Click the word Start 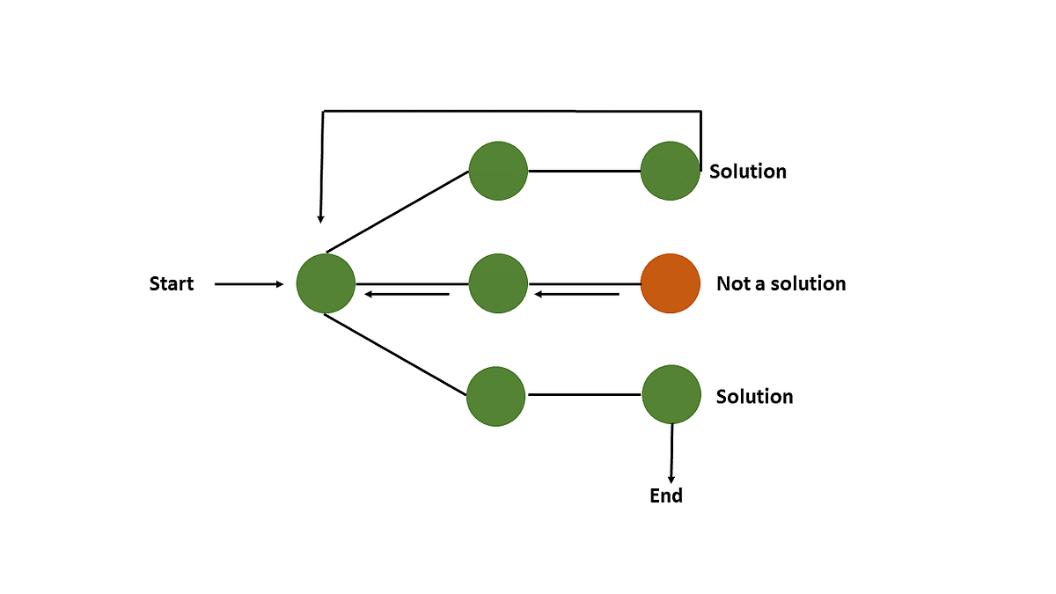click(172, 284)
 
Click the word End click(666, 496)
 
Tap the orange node click(671, 284)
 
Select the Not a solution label click(781, 284)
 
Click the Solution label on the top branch click(748, 172)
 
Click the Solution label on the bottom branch click(754, 397)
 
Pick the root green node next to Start click(326, 284)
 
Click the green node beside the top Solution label click(671, 171)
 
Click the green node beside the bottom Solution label click(671, 395)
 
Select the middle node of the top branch click(498, 170)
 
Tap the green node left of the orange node click(498, 284)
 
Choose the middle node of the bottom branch click(496, 397)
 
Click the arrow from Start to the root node click(249, 284)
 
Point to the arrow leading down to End click(671, 453)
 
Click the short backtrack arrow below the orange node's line click(577, 294)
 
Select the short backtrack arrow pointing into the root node click(407, 294)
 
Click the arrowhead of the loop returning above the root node click(321, 216)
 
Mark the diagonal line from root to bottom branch click(396, 355)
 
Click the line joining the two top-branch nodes click(584, 171)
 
